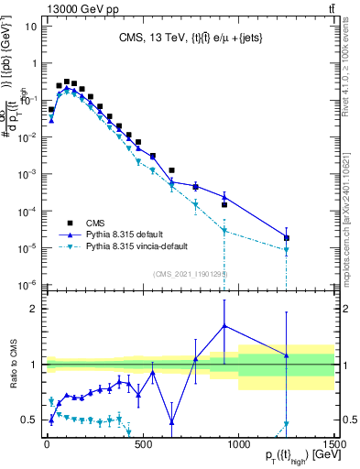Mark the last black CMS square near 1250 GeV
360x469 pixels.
pyautogui.click(x=287, y=238)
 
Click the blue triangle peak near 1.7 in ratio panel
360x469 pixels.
pyautogui.click(x=224, y=325)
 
